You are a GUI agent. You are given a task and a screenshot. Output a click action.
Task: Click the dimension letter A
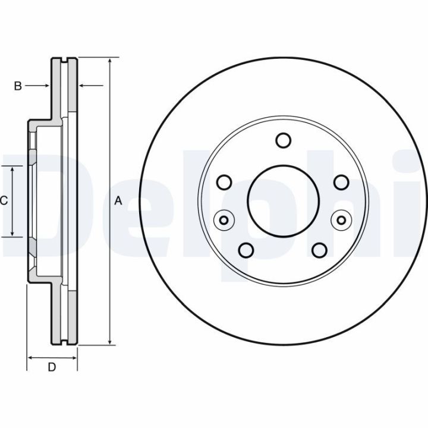click(118, 201)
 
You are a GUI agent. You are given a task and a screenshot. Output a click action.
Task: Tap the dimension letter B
click(18, 86)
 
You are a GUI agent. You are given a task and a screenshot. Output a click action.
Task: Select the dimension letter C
click(4, 201)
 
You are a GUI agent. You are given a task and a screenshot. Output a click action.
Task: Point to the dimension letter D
click(52, 368)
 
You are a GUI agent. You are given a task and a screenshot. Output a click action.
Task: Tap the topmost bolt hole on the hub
click(283, 141)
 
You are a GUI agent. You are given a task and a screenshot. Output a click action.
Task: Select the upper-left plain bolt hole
click(225, 181)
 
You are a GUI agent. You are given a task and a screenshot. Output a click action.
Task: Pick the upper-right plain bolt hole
click(341, 181)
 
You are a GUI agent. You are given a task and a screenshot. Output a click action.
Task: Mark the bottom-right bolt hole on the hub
click(319, 249)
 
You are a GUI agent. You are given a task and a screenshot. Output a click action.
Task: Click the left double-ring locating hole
click(224, 221)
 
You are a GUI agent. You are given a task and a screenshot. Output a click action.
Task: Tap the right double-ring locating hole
click(342, 221)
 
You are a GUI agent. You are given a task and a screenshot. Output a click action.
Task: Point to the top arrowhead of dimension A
click(110, 62)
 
